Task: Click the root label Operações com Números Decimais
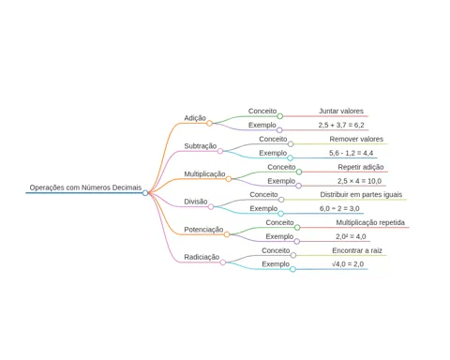point(85,187)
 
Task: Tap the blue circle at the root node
point(145,193)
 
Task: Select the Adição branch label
point(195,118)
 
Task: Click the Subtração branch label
point(201,146)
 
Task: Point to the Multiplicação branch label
point(204,173)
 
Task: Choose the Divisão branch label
point(196,202)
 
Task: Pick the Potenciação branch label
point(203,230)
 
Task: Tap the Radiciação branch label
point(202,257)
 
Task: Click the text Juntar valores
point(341,111)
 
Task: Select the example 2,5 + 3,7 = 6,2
point(341,125)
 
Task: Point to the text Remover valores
point(356,139)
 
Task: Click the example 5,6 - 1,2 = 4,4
point(351,153)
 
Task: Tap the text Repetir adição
point(361,167)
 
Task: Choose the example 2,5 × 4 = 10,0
point(359,181)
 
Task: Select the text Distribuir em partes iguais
point(361,194)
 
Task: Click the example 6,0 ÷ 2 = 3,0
point(339,208)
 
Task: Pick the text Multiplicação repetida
point(370,222)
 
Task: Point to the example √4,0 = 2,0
point(348,264)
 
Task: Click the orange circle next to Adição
point(209,123)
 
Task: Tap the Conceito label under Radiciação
point(276,250)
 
